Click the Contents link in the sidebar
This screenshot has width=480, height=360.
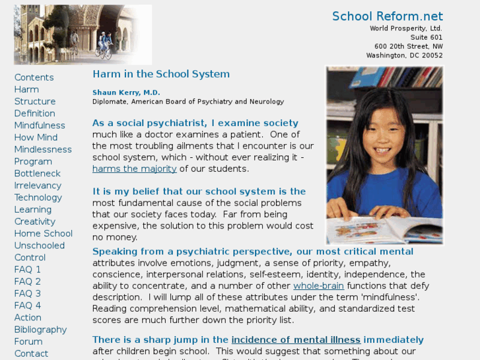coord(34,77)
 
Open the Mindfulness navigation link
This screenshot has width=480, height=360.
coord(40,126)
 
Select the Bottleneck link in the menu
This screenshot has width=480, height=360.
coord(37,173)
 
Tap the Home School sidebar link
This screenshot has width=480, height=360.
coord(43,233)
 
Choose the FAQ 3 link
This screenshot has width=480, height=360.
coord(28,293)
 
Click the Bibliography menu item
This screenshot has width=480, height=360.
coord(40,330)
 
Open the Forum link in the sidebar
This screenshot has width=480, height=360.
coord(28,342)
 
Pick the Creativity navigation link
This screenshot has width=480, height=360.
coord(35,221)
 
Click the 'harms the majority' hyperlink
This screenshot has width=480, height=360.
coord(134,168)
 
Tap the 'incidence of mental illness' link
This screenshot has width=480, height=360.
coord(296,340)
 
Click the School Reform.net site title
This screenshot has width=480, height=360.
coord(387,17)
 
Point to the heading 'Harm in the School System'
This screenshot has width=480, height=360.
coord(161,74)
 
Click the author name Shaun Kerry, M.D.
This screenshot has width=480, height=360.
coord(126,92)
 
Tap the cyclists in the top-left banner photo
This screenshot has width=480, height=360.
coord(104,46)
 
